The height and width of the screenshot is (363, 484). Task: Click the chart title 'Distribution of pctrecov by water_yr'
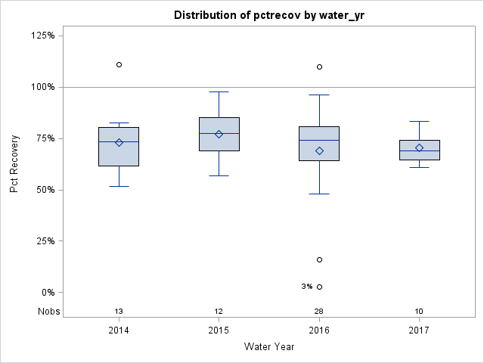click(268, 15)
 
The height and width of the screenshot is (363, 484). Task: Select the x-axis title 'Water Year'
click(268, 347)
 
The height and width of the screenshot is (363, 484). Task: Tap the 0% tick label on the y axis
click(47, 293)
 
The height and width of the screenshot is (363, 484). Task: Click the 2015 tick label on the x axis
click(219, 330)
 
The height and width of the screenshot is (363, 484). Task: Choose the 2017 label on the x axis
click(419, 330)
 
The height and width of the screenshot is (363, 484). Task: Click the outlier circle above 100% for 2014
click(119, 65)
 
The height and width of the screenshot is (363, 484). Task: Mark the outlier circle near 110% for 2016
click(319, 67)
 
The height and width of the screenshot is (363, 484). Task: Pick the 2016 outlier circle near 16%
click(319, 259)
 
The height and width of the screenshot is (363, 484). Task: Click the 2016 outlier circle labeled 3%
click(319, 287)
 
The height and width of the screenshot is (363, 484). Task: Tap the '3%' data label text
click(306, 287)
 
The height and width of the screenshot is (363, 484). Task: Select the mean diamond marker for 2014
click(119, 142)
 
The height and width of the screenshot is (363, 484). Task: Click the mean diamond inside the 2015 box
click(219, 134)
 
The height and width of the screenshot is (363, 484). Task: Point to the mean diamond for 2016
click(319, 150)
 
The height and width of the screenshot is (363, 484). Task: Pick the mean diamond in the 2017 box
click(419, 147)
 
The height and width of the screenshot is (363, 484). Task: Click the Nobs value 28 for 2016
click(319, 312)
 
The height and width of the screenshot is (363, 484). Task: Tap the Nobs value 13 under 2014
click(119, 312)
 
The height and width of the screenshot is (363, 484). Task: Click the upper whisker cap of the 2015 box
click(219, 92)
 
